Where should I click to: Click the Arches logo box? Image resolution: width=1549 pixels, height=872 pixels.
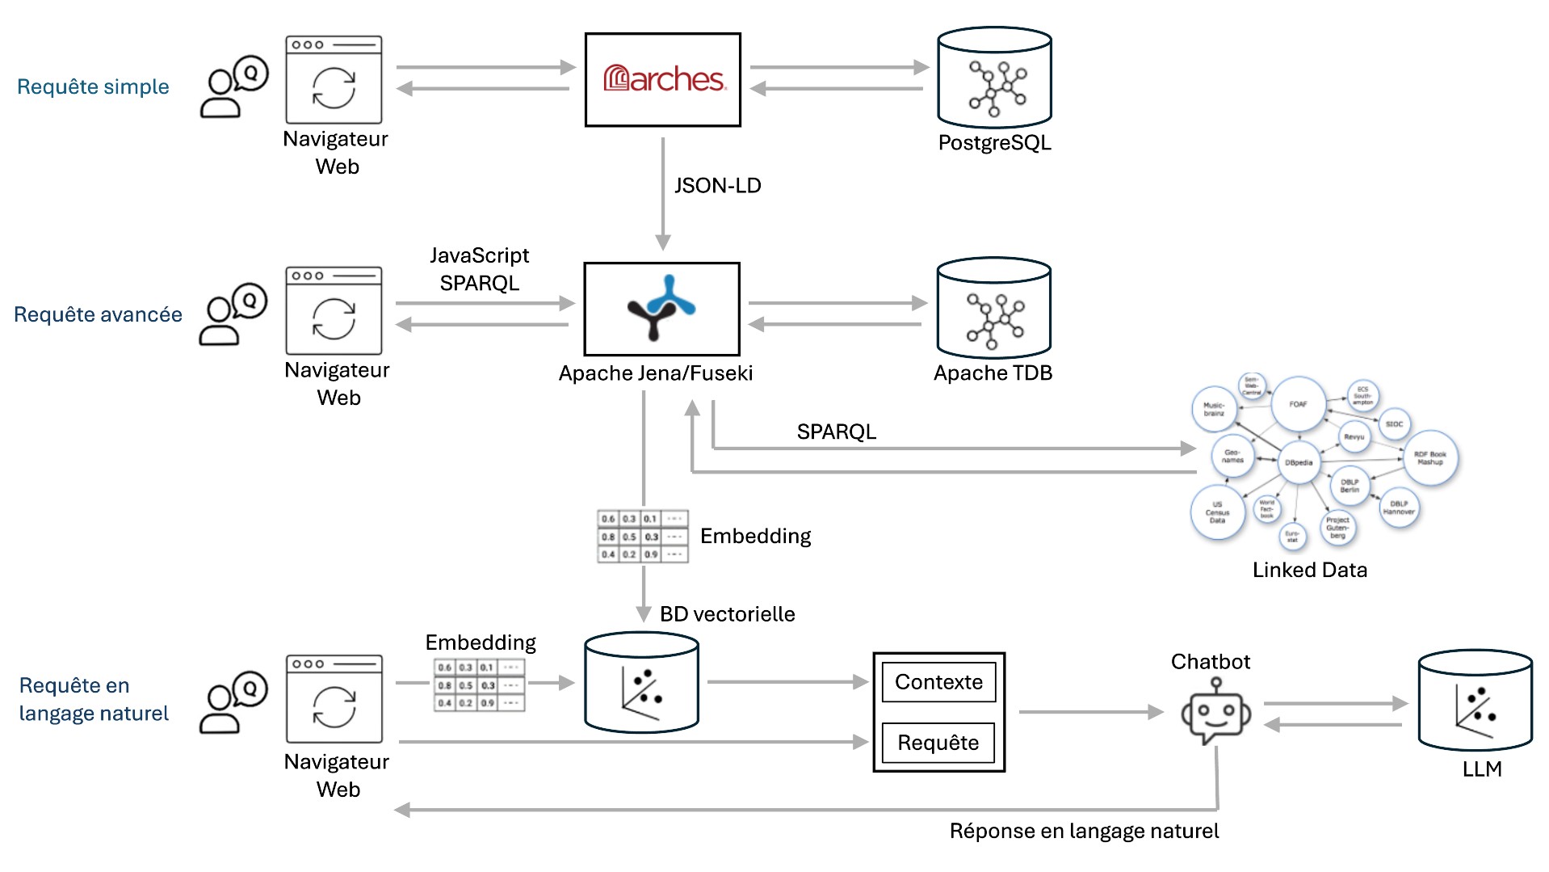662,79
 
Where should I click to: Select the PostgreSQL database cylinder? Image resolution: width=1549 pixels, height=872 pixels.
994,78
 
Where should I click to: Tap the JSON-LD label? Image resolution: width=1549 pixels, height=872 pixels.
717,186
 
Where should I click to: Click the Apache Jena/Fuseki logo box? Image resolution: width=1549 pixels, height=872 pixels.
661,309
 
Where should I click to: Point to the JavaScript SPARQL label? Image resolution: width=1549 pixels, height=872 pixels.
479,269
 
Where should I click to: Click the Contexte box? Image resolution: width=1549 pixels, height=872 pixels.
938,682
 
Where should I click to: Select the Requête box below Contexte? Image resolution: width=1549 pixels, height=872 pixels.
938,743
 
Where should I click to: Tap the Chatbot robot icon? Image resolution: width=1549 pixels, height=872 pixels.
1215,712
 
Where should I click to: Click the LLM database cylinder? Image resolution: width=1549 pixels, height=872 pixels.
1475,701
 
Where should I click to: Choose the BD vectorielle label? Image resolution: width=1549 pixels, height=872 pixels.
727,614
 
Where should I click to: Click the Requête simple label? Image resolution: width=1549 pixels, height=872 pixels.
93,86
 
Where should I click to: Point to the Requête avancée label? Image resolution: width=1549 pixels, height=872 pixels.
98,314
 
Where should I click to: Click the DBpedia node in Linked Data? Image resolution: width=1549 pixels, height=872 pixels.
1299,462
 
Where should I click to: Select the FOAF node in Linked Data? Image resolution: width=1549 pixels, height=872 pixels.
1298,404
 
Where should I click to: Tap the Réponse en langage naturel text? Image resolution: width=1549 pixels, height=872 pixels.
1084,831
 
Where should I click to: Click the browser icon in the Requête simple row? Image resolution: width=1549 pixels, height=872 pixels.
334,79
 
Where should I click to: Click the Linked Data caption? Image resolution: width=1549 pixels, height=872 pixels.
1309,570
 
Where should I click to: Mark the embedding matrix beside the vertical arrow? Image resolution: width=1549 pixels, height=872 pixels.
642,536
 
